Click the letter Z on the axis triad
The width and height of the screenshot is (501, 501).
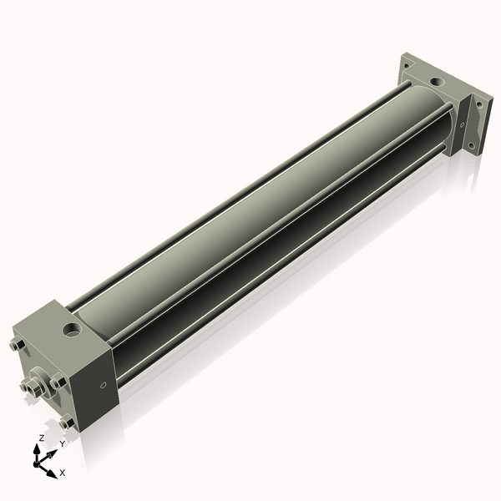pos(42,438)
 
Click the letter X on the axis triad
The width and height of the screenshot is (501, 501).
pos(62,473)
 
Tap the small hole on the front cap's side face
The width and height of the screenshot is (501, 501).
pos(104,385)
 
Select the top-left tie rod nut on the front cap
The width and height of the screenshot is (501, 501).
pos(17,345)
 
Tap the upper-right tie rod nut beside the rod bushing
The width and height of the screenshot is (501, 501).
pos(57,382)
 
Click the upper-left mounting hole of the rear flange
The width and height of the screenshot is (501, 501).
pos(407,63)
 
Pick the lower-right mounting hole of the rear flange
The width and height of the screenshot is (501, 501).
pos(472,144)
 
